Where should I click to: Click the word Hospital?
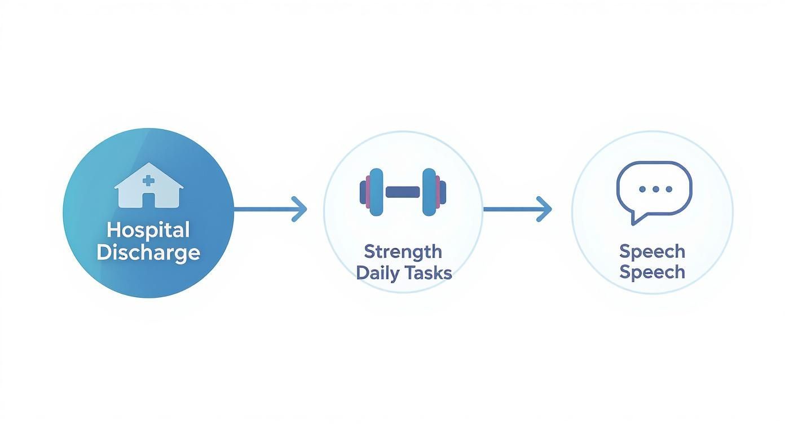pyautogui.click(x=148, y=230)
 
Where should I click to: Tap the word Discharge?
pyautogui.click(x=148, y=252)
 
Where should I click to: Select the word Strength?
pyautogui.click(x=403, y=251)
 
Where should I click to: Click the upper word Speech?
pyautogui.click(x=652, y=251)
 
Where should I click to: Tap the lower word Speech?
pyautogui.click(x=652, y=272)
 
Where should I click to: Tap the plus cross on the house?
pyautogui.click(x=148, y=180)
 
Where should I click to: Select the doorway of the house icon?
pyautogui.click(x=148, y=200)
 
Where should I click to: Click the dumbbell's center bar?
pyautogui.click(x=403, y=192)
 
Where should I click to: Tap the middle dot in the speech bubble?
pyautogui.click(x=654, y=189)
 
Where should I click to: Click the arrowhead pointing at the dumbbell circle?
pyautogui.click(x=301, y=209)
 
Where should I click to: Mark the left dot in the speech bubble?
pyautogui.click(x=641, y=189)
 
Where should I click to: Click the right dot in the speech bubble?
pyautogui.click(x=668, y=189)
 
